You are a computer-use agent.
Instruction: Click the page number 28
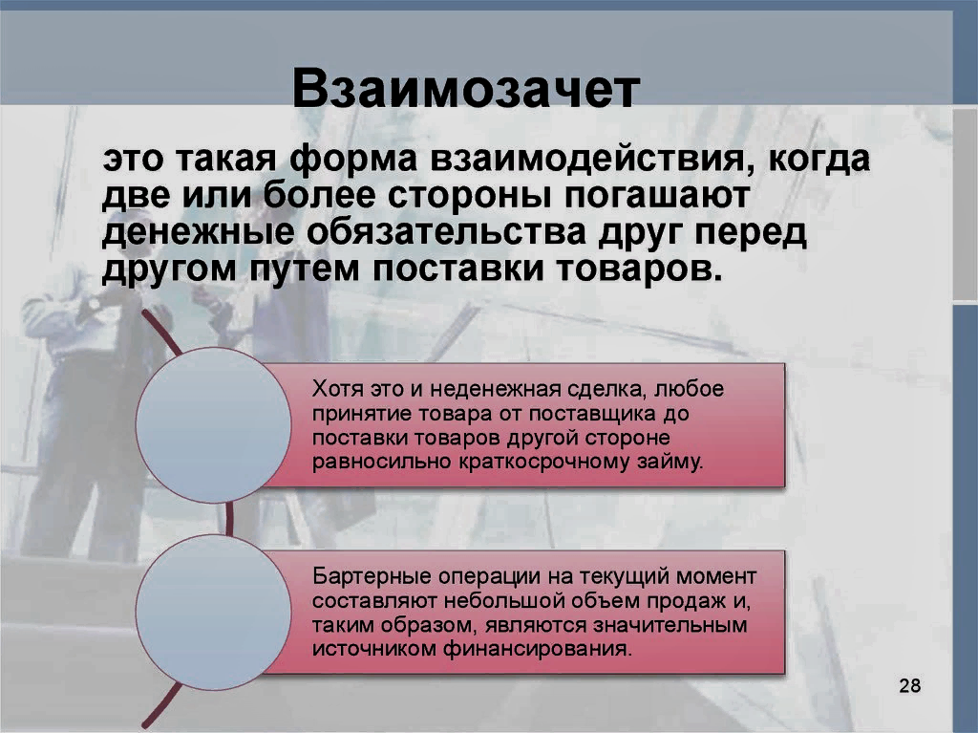coord(909,685)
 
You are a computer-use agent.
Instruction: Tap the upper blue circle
coord(213,424)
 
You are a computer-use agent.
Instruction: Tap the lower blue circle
coord(213,611)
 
